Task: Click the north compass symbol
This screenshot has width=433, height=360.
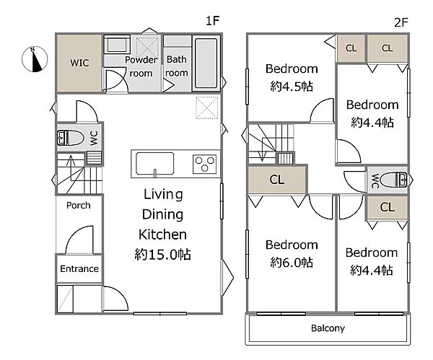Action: coord(35,59)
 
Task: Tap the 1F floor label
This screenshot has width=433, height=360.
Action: coord(212,21)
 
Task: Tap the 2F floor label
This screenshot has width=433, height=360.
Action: coord(401,22)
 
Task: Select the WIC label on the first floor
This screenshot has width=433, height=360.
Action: coord(79,63)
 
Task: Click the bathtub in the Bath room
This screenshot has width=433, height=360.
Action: coord(206,63)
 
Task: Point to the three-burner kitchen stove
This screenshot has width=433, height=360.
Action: coord(204,164)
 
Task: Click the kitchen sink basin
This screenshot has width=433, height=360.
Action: coord(154,164)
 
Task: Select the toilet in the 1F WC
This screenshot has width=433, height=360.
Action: coord(70,138)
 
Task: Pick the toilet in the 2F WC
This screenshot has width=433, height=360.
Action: coord(394,180)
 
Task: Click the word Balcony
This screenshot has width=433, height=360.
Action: coord(328,328)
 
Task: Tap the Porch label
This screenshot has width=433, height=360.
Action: coord(79,206)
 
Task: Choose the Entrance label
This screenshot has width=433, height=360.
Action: coord(79,268)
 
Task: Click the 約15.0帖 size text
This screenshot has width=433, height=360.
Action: coord(162,254)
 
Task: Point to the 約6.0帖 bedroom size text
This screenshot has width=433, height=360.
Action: coord(292,263)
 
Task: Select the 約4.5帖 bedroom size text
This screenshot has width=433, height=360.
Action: coord(292,87)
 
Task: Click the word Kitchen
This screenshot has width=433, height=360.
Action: coord(162,234)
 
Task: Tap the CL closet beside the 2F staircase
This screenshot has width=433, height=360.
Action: coord(277,180)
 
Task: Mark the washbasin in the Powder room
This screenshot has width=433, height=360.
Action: coord(116,45)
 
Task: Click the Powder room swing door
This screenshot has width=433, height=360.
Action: coord(115,80)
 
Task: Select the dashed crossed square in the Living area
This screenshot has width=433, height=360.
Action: coord(207,107)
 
